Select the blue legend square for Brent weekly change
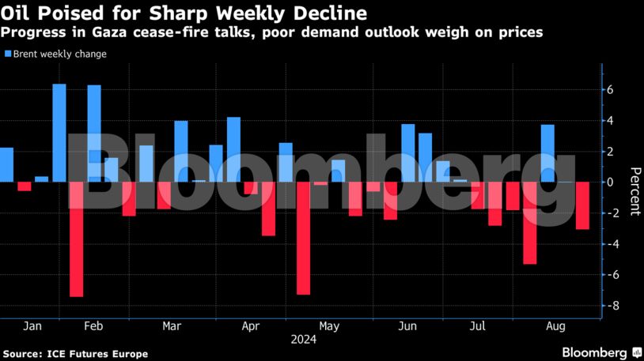pos(8,55)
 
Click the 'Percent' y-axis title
pos(634,191)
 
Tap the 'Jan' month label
pos(32,325)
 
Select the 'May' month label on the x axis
pos(329,325)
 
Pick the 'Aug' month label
pos(557,325)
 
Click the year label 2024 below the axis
pos(304,340)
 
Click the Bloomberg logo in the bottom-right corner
pos(601,352)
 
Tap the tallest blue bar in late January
pos(59,133)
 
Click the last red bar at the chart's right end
pos(582,205)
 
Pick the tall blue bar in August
pos(547,153)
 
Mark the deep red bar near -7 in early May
pos(303,238)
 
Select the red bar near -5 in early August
pos(530,223)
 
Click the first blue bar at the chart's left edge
pos(6,164)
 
